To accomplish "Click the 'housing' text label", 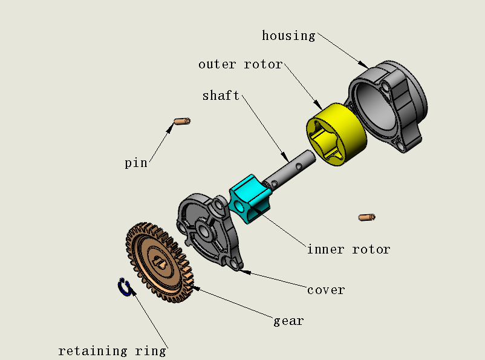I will (x=288, y=36).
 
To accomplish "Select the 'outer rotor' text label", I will (x=241, y=64).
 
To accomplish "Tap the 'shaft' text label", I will (x=221, y=96).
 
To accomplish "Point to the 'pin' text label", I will (x=135, y=163).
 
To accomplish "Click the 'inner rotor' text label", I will (x=348, y=249).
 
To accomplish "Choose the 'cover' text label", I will (x=326, y=290).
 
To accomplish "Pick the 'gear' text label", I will (x=288, y=321).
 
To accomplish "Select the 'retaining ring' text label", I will (x=112, y=351).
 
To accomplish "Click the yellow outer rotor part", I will (x=351, y=130).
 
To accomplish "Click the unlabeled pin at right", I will (x=367, y=217).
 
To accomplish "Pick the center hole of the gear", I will (x=160, y=262).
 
